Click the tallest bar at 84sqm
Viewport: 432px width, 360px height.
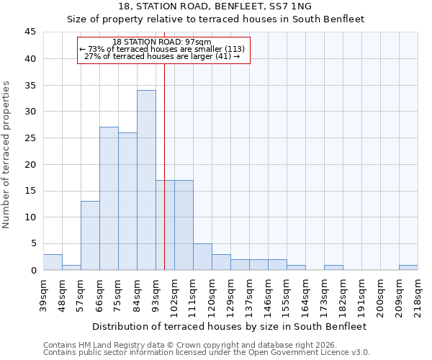pos(146,180)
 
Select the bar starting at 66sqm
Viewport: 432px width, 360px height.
pos(109,199)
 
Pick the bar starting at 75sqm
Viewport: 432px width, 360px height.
pos(127,202)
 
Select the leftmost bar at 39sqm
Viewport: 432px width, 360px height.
pos(53,262)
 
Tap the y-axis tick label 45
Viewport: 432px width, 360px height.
pos(30,32)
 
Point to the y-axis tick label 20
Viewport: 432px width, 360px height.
pos(30,164)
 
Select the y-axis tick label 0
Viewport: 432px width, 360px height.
pos(33,270)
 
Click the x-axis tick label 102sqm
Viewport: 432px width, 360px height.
pos(174,293)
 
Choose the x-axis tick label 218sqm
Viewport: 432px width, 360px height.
pos(418,293)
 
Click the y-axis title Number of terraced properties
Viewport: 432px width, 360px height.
pos(7,154)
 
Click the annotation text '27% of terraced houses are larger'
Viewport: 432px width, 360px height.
pos(162,55)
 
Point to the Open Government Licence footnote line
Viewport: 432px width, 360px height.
pos(207,352)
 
